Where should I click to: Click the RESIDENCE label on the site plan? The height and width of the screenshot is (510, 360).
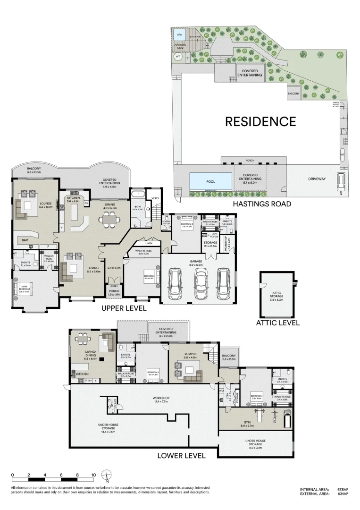point(260,121)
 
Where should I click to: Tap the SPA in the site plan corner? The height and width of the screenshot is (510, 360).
point(179,34)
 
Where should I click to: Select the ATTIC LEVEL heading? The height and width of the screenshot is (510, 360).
point(277,323)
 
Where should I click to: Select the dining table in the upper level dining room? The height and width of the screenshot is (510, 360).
point(109,219)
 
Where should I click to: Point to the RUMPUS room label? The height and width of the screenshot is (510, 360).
point(185,355)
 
